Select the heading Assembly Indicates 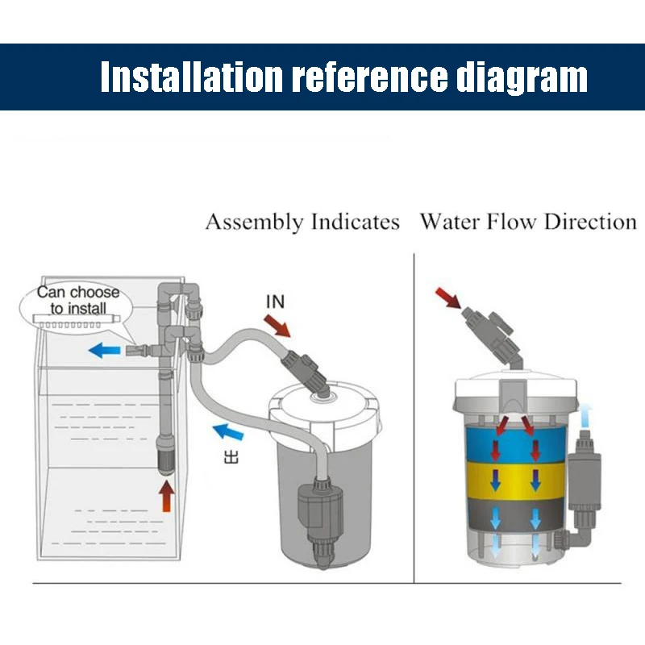(302, 222)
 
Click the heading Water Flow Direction (528, 222)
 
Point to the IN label (275, 302)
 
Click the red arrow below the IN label (278, 325)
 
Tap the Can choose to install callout (77, 300)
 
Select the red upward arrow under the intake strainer (166, 495)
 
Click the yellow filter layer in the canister (510, 481)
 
